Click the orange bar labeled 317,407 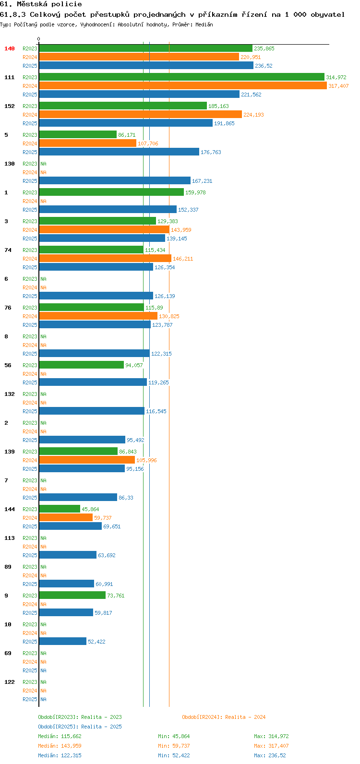tap(183, 85)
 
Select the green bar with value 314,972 tap(181, 77)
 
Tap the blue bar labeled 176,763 tap(119, 152)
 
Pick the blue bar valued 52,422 tap(63, 641)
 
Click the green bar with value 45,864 tap(60, 509)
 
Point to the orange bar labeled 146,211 tap(105, 259)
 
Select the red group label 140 tap(10, 48)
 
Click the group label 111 tap(10, 77)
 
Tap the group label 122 tap(10, 682)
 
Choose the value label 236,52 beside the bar tap(264, 66)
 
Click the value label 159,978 tap(195, 192)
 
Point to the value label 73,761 tap(116, 596)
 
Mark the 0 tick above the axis tap(38, 39)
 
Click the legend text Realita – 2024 tap(245, 717)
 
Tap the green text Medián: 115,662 tap(60, 736)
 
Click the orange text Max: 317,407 tap(271, 746)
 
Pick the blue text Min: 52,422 tap(174, 755)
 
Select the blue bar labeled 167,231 tap(115, 180)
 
